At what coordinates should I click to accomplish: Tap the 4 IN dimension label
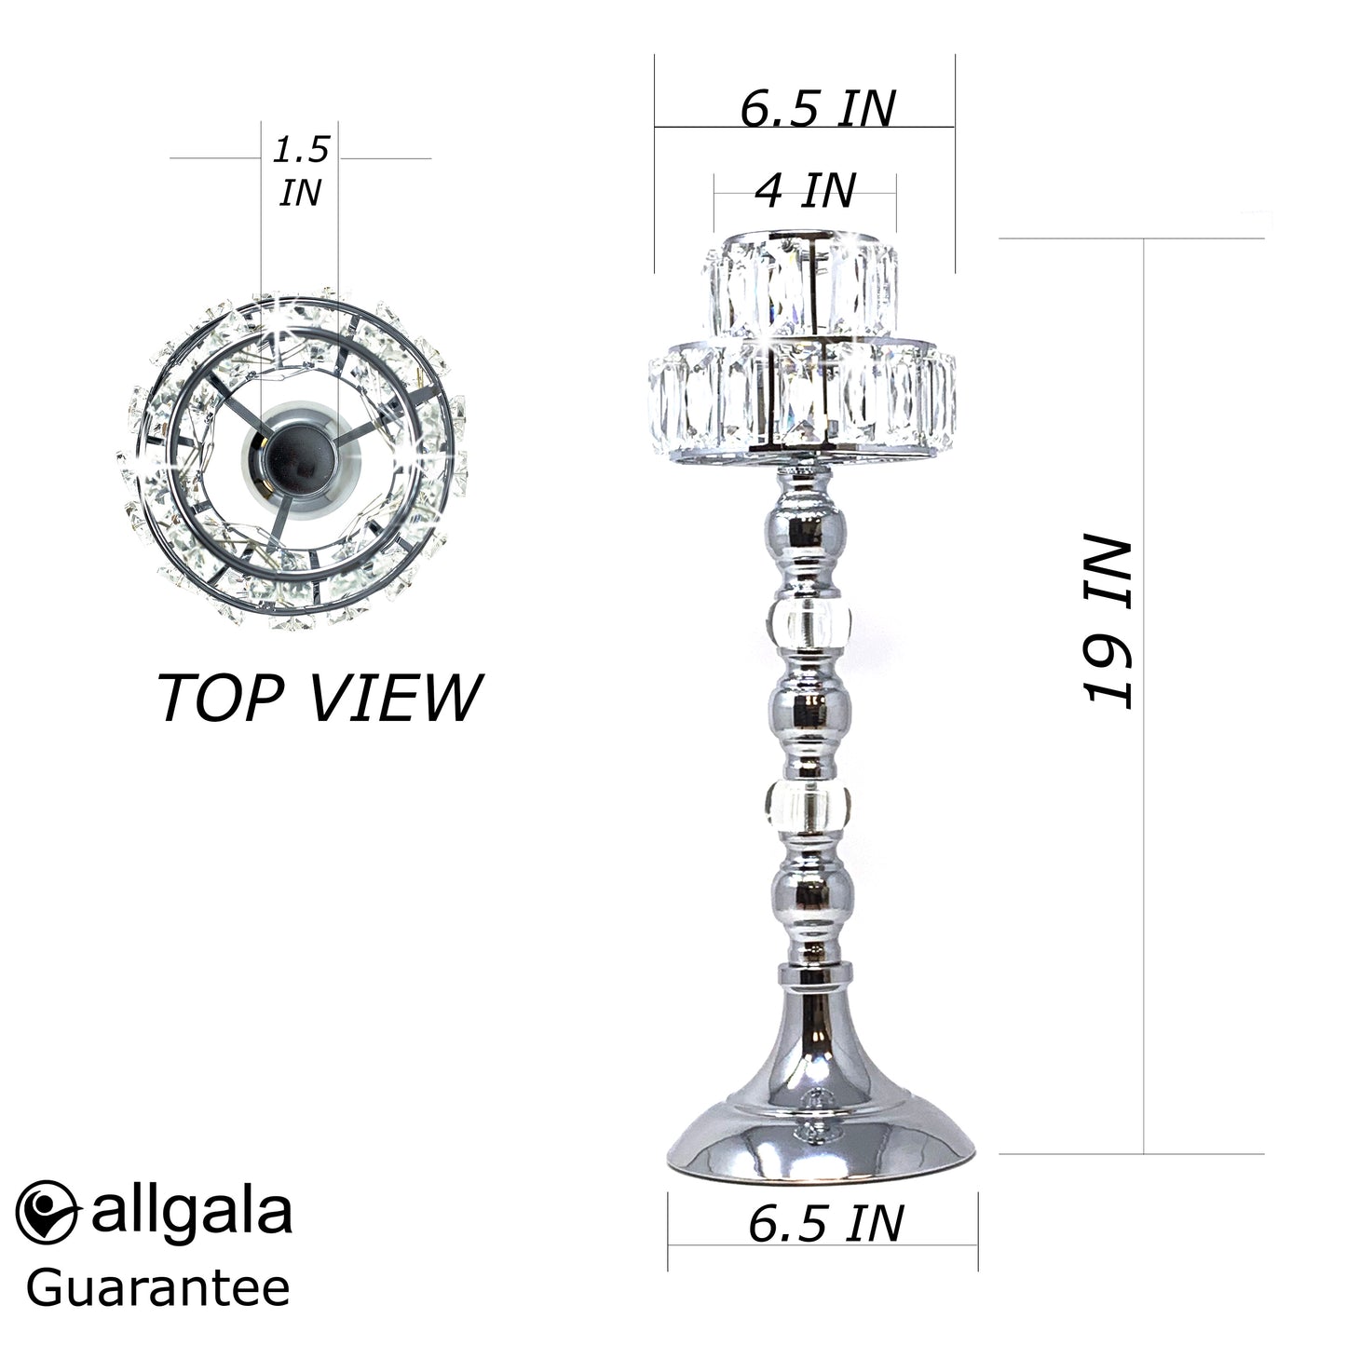[x=805, y=191]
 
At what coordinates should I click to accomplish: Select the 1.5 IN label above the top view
[x=300, y=171]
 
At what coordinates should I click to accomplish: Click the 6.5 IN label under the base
[x=825, y=1223]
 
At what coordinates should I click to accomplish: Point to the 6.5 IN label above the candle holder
[x=817, y=109]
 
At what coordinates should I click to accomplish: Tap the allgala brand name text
[x=192, y=1211]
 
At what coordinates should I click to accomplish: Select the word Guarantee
[x=158, y=1289]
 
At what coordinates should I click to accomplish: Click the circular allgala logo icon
[x=47, y=1211]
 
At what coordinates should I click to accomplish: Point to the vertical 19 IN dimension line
[x=1143, y=838]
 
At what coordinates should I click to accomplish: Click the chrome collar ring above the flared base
[x=816, y=974]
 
